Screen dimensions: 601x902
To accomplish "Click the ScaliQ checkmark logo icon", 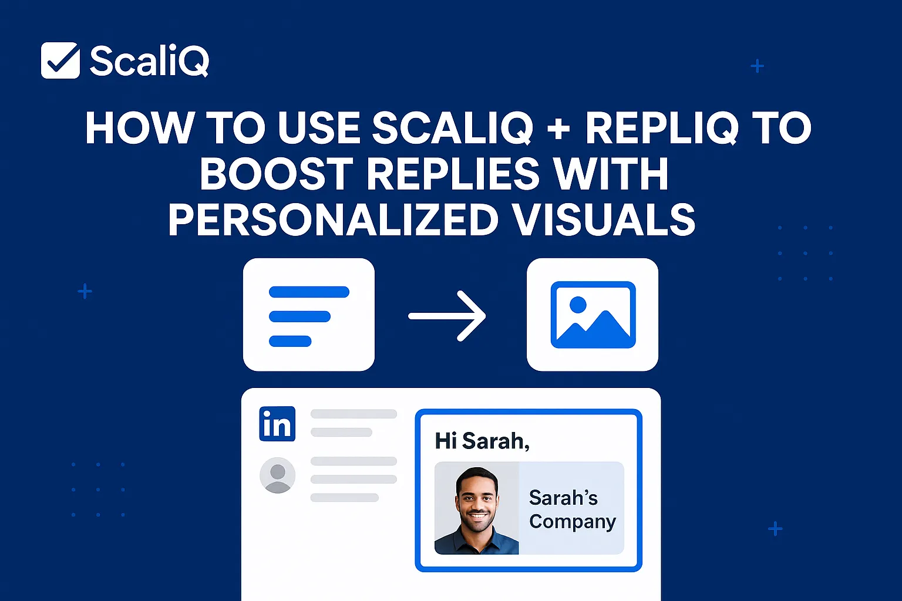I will coord(60,60).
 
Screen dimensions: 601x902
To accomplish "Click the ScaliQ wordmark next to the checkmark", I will coord(149,61).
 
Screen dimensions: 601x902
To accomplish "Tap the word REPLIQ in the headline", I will coord(661,128).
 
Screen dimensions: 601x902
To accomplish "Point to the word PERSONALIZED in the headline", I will coord(333,220).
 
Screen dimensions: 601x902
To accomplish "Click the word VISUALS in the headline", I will coord(603,220).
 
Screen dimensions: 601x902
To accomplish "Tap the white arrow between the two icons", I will coord(447,316).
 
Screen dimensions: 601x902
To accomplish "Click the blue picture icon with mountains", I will coord(593,315).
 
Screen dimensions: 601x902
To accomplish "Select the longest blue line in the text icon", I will coord(309,292).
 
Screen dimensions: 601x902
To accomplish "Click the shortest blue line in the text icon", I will coord(290,341).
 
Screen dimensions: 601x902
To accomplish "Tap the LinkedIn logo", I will coord(277,424).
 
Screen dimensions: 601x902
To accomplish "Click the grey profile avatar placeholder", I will coord(277,475).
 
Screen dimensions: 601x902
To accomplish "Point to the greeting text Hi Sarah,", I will coord(482,441).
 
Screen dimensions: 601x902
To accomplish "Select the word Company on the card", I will coord(572,522).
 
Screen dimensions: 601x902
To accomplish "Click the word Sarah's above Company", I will coord(563,498).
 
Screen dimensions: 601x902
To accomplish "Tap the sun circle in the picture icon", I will coord(578,305).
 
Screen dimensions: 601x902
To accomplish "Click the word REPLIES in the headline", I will coord(453,174).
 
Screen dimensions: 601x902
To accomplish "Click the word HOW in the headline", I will coord(139,128).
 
